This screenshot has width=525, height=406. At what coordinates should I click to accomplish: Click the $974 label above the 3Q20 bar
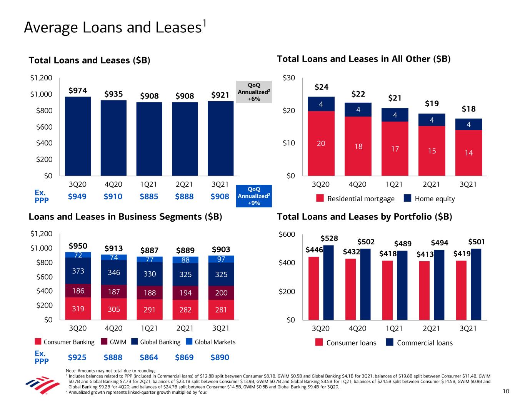tap(78, 90)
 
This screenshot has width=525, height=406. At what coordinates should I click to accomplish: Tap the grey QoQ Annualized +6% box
tap(254, 92)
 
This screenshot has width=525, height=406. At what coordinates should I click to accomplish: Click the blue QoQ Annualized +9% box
tap(254, 196)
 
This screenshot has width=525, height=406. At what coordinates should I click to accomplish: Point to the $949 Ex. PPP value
tap(77, 197)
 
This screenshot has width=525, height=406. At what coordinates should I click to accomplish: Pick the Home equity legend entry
tap(429, 199)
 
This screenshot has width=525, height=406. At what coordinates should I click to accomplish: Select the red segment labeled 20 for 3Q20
tap(321, 143)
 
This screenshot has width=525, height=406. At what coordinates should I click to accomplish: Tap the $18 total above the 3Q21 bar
tap(468, 109)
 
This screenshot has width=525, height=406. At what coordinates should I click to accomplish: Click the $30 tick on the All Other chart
tap(289, 79)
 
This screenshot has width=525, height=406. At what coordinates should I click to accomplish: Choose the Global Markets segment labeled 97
tap(221, 259)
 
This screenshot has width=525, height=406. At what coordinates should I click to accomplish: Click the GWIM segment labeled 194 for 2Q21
tap(185, 292)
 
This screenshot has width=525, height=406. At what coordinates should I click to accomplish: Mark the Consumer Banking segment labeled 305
tap(113, 309)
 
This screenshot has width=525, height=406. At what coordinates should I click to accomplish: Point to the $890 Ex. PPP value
tap(220, 358)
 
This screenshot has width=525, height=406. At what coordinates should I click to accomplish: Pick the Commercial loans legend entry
tap(419, 343)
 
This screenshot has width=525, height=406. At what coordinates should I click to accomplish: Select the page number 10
tap(505, 392)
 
